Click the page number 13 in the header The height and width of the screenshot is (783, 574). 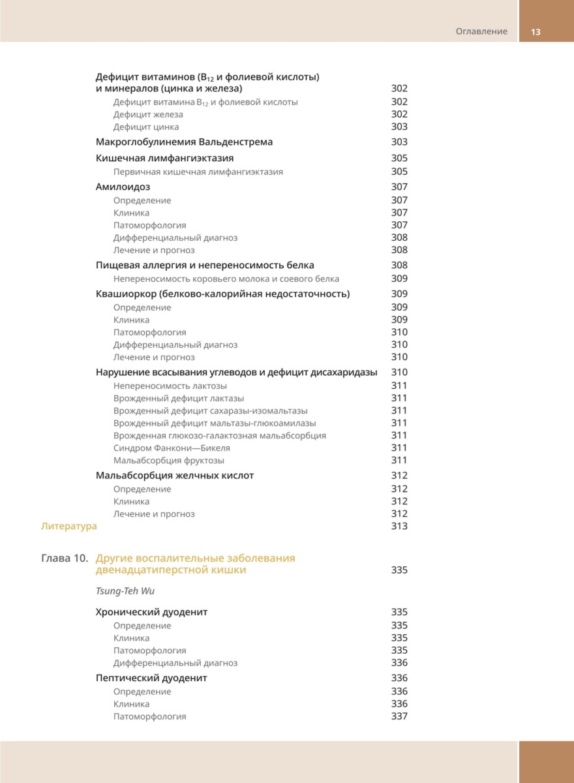(x=536, y=31)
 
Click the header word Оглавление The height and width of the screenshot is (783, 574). (x=481, y=31)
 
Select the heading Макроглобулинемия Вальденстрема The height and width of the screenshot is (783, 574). (x=184, y=142)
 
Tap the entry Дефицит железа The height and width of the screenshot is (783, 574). (x=148, y=114)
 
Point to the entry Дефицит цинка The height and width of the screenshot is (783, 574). (x=146, y=127)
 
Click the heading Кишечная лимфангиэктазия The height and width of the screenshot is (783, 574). (x=164, y=159)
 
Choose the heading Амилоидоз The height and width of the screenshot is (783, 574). (x=123, y=187)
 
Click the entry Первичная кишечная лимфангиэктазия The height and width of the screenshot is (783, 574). (x=198, y=172)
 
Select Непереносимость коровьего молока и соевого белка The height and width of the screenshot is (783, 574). (x=226, y=279)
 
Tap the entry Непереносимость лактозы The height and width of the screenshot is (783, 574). (x=170, y=386)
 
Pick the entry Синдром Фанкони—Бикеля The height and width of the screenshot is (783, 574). (x=172, y=448)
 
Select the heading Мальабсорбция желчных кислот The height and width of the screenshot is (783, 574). (x=174, y=476)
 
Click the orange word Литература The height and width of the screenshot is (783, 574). (x=68, y=526)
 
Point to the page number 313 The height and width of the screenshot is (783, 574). (x=399, y=526)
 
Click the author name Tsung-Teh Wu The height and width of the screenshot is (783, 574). (x=125, y=591)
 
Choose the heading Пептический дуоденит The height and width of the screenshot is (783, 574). (x=151, y=679)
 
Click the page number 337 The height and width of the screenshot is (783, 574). (x=399, y=716)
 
